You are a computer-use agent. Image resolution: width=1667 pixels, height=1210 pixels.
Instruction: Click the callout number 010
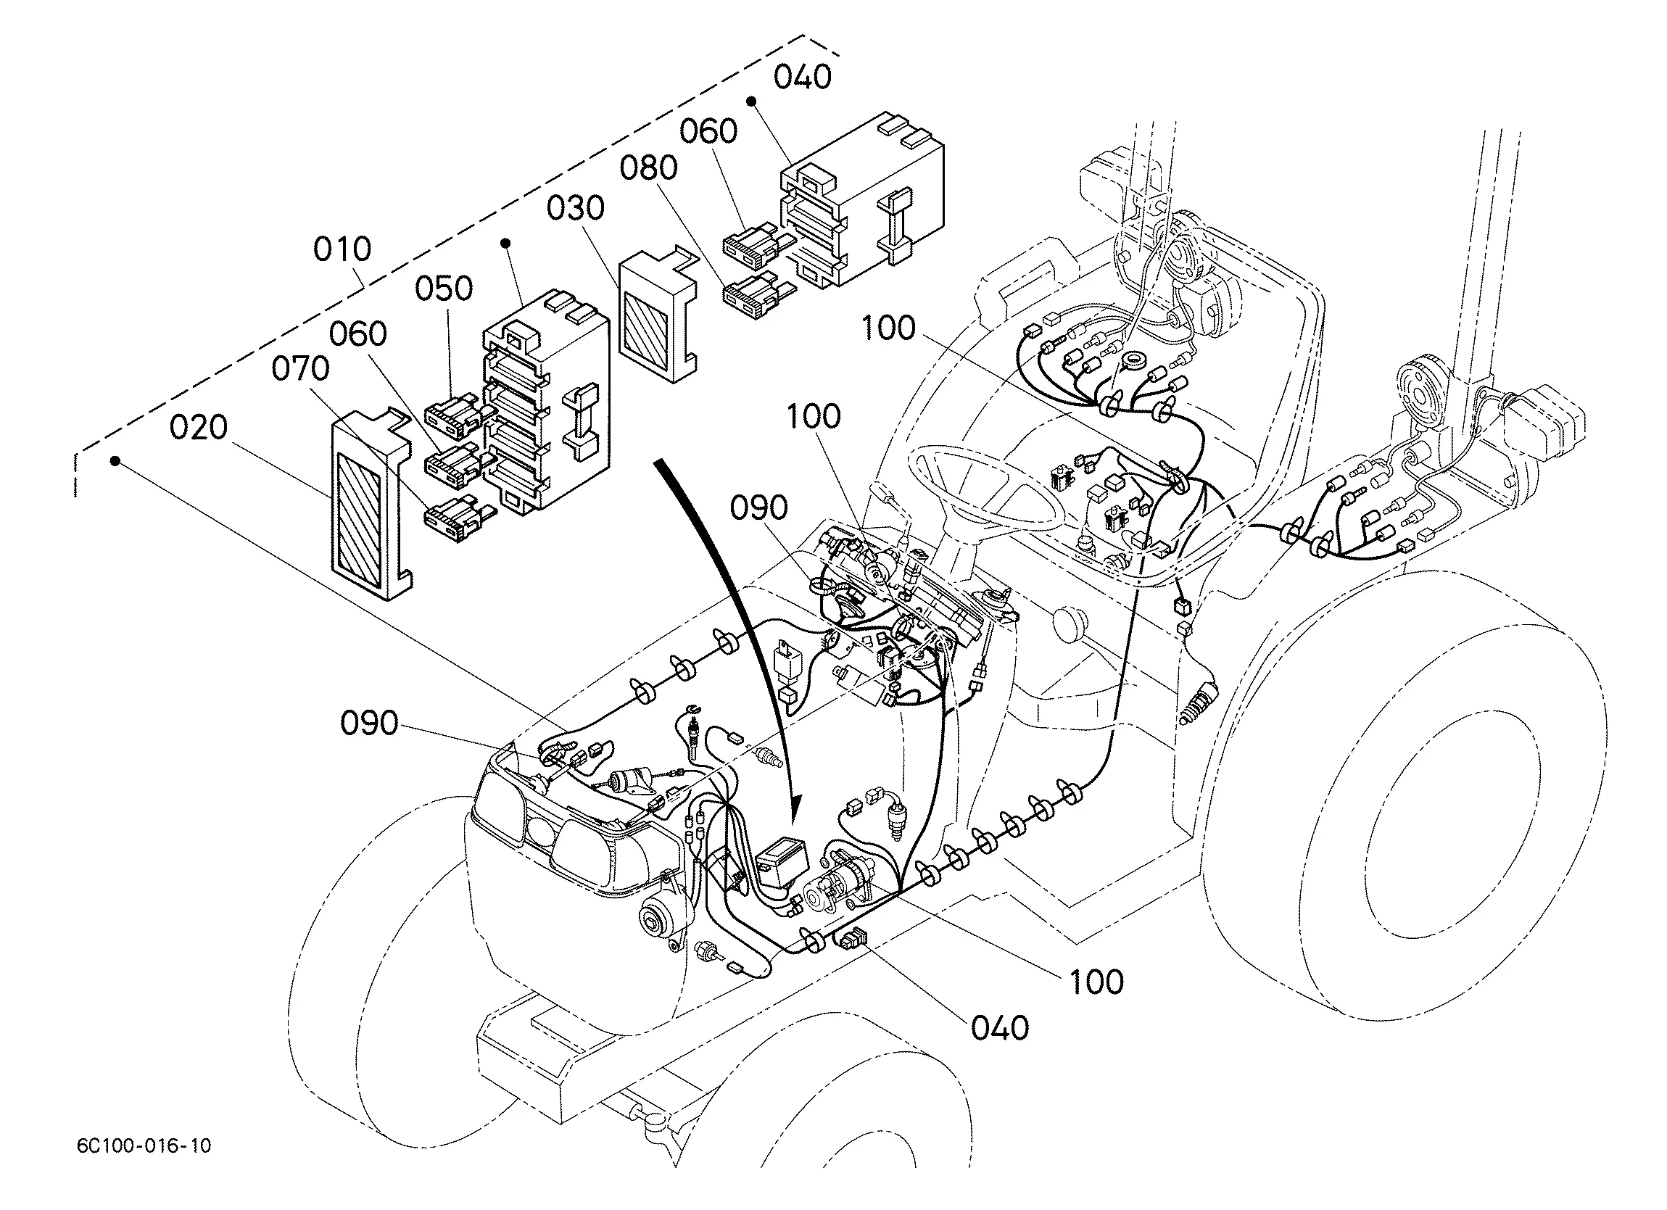coord(342,249)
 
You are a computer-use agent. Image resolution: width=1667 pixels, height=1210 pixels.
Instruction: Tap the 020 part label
coord(199,427)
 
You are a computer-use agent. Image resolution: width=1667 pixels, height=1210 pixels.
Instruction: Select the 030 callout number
coord(576,208)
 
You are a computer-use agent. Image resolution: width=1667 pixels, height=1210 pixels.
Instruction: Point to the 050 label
coord(444,288)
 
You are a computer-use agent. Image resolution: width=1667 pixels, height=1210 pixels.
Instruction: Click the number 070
coord(301,368)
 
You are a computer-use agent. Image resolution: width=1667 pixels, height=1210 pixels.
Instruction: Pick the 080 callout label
coord(648,168)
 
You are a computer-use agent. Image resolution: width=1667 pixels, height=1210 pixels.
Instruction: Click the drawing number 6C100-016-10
coord(144,1145)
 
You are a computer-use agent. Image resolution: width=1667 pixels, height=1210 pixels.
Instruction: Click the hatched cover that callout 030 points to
coord(657,315)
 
